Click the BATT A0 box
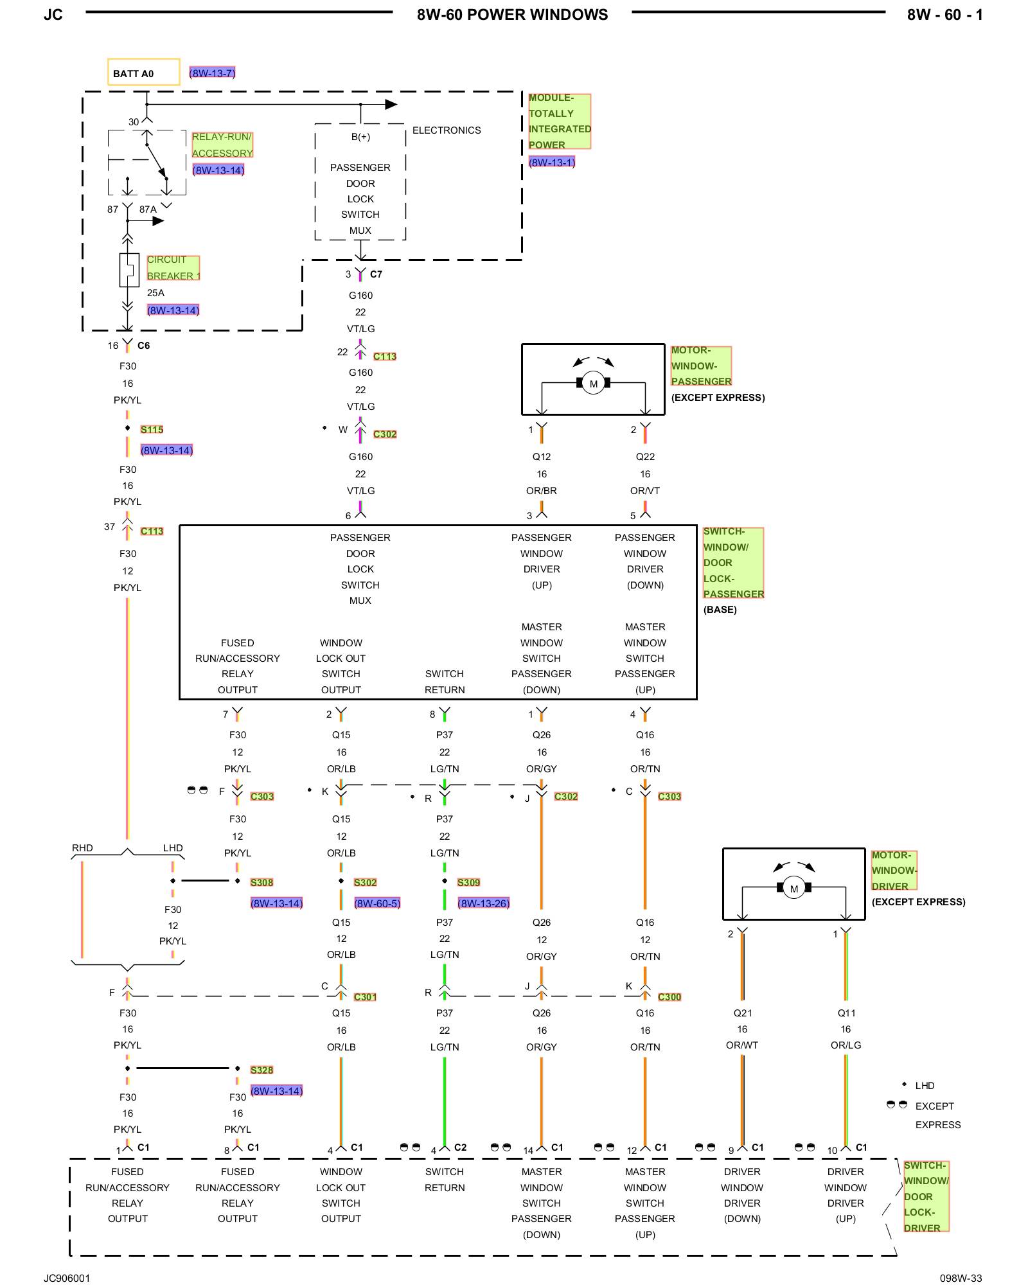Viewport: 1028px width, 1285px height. click(143, 72)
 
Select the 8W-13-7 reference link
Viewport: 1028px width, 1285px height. click(212, 73)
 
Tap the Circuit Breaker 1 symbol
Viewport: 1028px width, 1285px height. click(128, 270)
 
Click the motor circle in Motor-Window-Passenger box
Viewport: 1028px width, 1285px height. click(593, 384)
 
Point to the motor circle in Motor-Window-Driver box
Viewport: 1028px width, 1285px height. click(794, 888)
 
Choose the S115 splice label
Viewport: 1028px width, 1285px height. click(152, 429)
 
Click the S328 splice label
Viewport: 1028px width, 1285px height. click(262, 1070)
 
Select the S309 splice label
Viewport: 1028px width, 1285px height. click(469, 882)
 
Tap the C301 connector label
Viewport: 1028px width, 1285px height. click(366, 997)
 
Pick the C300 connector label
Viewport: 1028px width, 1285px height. click(669, 997)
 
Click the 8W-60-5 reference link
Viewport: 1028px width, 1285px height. click(377, 903)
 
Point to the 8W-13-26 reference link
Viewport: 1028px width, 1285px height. click(484, 903)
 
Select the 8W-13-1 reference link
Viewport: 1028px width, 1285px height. click(552, 162)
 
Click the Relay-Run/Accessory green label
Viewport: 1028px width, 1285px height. click(222, 145)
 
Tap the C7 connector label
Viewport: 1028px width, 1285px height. click(376, 274)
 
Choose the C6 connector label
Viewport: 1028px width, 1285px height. click(143, 346)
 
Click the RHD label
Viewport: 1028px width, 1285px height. click(82, 848)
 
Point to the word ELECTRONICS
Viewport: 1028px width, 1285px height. click(447, 130)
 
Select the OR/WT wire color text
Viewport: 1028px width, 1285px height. click(742, 1045)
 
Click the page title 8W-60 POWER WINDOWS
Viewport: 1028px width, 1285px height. click(512, 15)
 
